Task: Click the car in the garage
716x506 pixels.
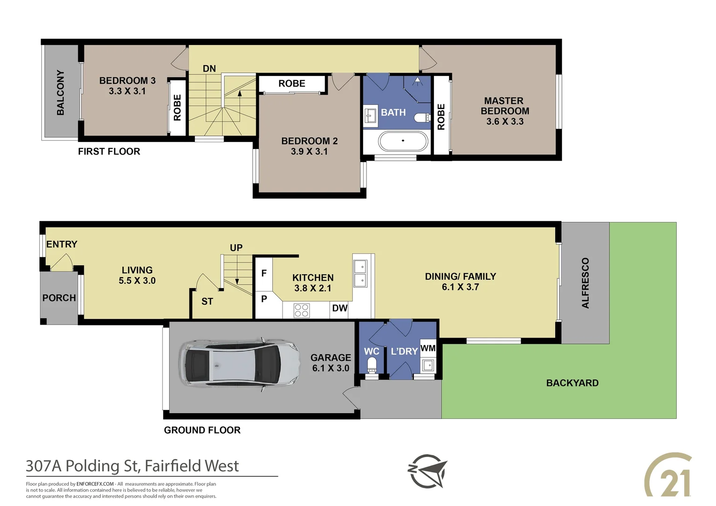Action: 239,365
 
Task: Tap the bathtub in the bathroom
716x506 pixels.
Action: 403,141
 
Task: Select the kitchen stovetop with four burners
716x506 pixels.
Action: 301,310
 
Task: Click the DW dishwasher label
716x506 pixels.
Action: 340,308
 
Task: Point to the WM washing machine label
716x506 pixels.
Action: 428,348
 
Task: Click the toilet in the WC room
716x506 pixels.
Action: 372,365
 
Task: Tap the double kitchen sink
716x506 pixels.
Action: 360,274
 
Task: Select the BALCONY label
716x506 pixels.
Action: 60,92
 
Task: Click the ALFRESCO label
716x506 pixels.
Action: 585,283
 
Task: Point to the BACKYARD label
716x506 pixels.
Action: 572,383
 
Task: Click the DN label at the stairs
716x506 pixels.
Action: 209,68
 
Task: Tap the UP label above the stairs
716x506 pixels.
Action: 236,248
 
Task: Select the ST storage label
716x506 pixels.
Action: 207,301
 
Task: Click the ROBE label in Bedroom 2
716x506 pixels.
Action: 292,83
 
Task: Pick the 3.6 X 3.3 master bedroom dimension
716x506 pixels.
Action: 505,121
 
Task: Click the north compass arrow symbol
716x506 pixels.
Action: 427,471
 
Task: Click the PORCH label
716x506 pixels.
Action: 59,298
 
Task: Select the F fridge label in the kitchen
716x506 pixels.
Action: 264,273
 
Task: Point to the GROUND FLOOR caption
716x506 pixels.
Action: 202,430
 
